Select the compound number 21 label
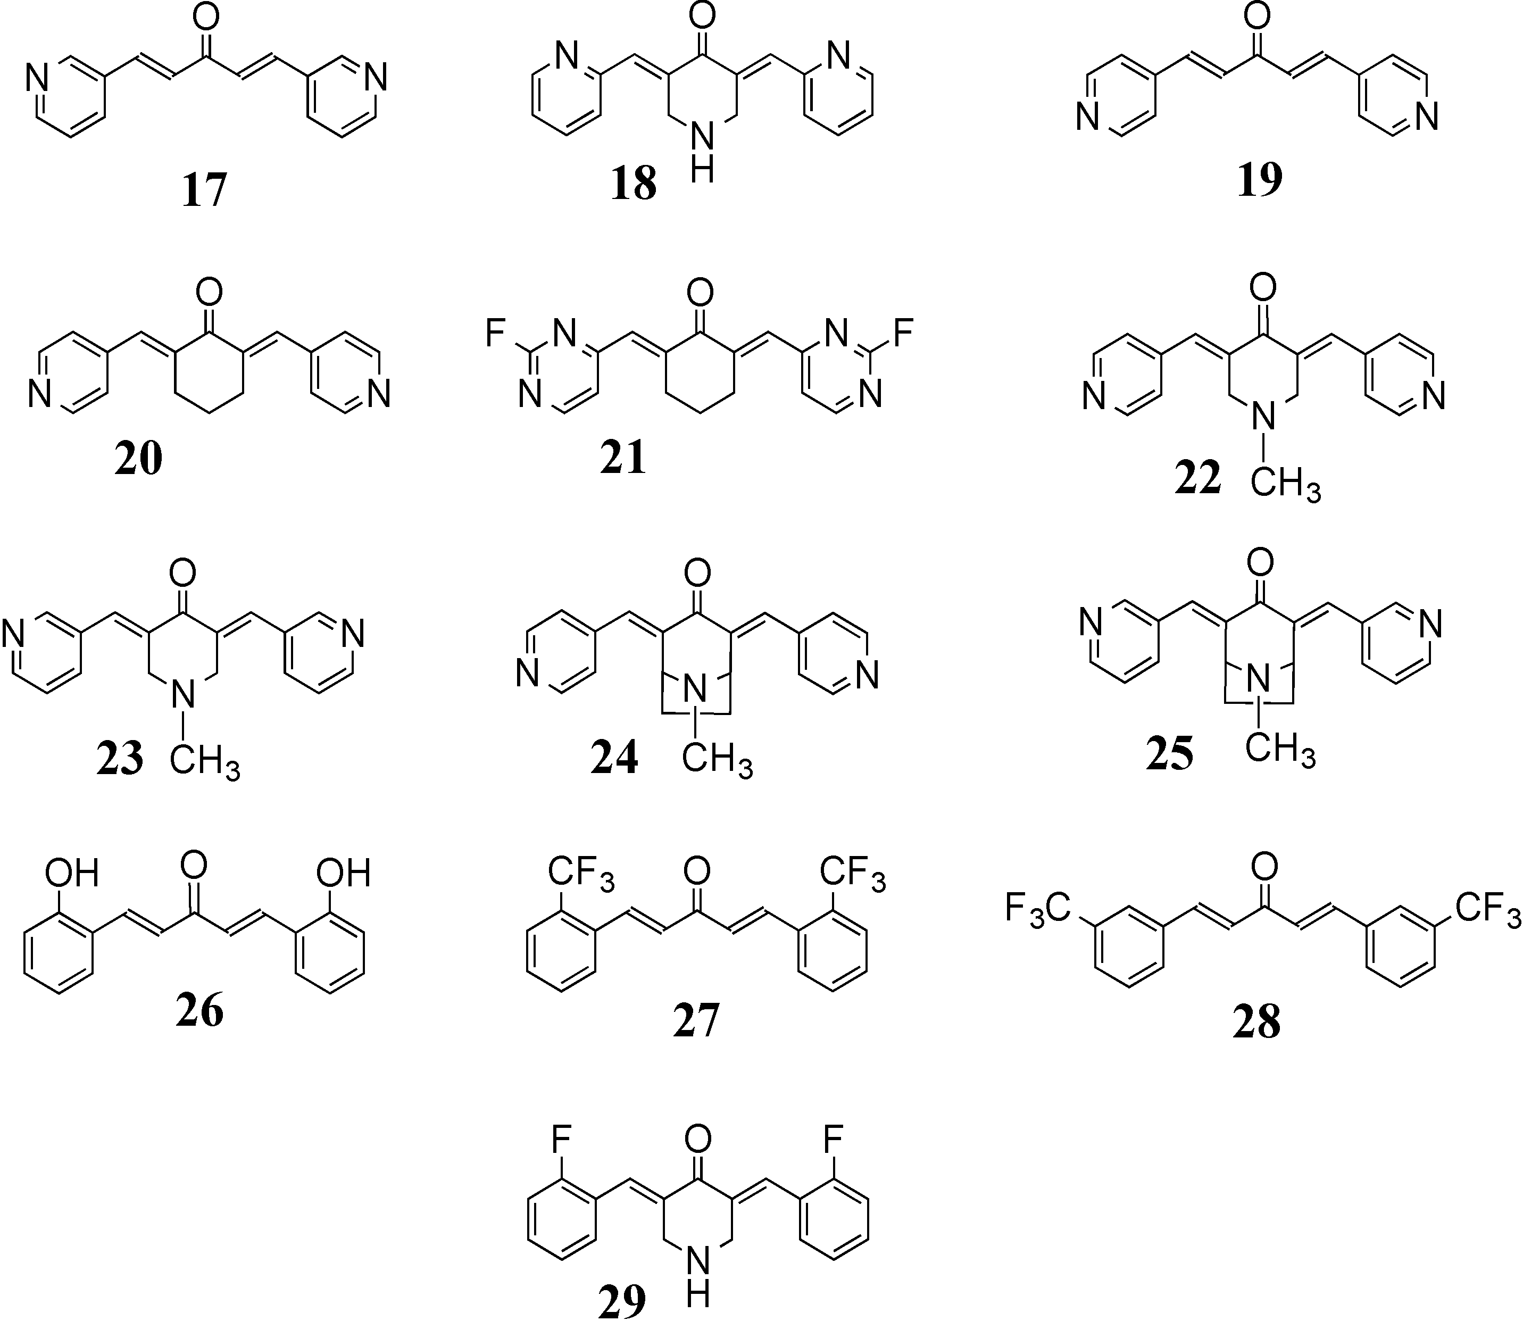[x=623, y=457]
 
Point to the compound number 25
[x=1169, y=753]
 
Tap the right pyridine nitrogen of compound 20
[x=379, y=394]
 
